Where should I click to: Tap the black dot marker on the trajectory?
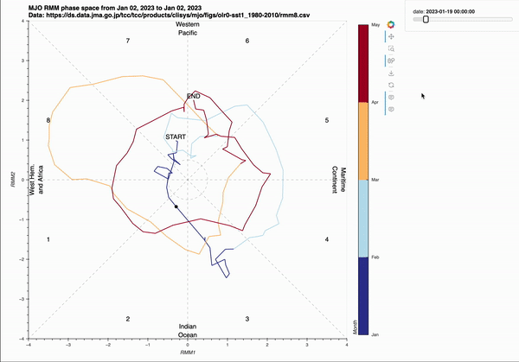tap(176, 206)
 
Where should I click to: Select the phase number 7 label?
tap(127, 41)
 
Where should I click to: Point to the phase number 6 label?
tap(247, 41)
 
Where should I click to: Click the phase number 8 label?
tap(48, 120)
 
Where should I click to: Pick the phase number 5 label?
tap(326, 120)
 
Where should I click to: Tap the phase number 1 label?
tap(48, 239)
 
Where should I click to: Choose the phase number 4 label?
tap(326, 239)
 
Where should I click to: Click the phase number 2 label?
tap(127, 319)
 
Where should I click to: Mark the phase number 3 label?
tap(247, 319)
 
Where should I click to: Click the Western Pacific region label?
tap(188, 29)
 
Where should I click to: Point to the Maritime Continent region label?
tap(339, 180)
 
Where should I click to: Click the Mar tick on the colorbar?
tap(375, 180)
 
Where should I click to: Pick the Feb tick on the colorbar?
tap(375, 257)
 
